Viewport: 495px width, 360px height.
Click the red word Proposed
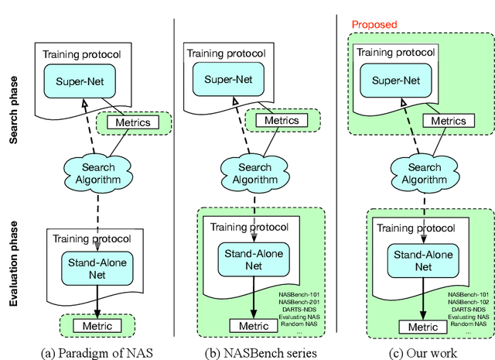pos(374,25)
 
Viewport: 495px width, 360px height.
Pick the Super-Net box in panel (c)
pos(403,79)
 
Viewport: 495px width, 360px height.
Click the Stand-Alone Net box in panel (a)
pos(97,266)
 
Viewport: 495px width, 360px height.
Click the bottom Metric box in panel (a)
pos(97,325)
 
